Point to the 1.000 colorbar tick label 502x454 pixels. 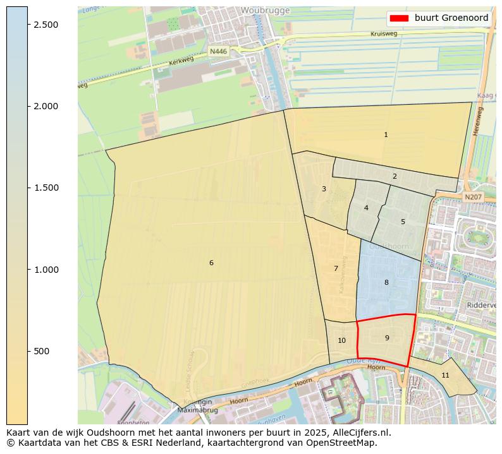click(x=46, y=270)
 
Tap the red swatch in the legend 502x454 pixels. click(x=400, y=18)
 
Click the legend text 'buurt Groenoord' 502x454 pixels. click(x=451, y=18)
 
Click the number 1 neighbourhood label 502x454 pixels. click(x=386, y=134)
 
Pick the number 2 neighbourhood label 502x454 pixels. click(x=395, y=176)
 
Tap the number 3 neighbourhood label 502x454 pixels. click(x=324, y=189)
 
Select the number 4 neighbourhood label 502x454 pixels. click(x=366, y=208)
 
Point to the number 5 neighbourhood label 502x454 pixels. click(x=403, y=222)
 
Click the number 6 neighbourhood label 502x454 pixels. click(x=211, y=263)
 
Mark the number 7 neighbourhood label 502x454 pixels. click(x=336, y=268)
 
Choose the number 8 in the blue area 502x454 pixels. click(x=386, y=282)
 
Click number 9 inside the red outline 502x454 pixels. click(x=387, y=338)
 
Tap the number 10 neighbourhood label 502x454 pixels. click(x=341, y=340)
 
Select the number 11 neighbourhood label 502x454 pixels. click(x=445, y=375)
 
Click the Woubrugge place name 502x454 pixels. click(x=265, y=11)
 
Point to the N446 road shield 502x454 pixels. click(x=218, y=51)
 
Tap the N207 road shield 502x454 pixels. click(x=473, y=198)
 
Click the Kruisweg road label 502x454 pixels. click(x=384, y=33)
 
